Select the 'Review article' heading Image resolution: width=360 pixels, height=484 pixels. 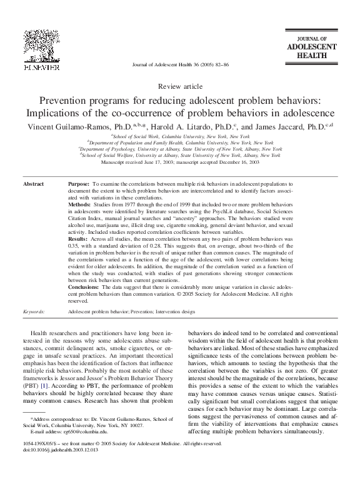[x=180, y=86]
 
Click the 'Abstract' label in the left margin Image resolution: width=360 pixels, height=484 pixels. [x=34, y=185]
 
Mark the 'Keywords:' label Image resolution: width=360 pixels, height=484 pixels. [x=34, y=310]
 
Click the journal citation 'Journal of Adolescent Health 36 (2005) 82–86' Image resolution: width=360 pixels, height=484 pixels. [x=180, y=65]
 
